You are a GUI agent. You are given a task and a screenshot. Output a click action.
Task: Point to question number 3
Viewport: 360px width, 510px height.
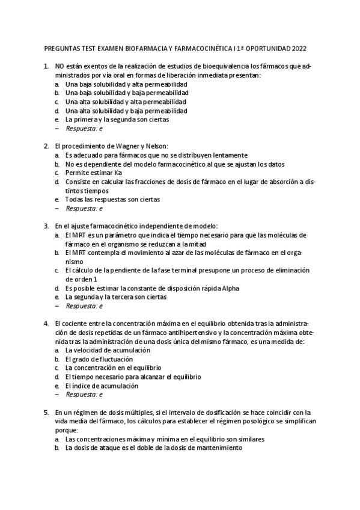[x=47, y=226]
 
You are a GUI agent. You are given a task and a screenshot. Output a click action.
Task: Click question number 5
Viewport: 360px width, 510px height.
[x=47, y=413]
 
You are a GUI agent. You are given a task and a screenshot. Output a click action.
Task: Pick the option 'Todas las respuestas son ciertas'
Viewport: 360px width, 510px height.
[x=112, y=199]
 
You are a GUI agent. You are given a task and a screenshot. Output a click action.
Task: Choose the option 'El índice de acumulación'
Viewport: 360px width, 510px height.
[x=102, y=386]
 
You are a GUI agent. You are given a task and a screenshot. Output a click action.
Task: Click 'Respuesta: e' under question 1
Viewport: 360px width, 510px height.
[x=84, y=128]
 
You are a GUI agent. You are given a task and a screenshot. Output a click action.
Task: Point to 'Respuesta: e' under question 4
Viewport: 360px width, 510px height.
[x=84, y=395]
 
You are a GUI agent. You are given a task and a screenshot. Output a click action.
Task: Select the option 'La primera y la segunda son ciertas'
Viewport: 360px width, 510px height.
[x=117, y=119]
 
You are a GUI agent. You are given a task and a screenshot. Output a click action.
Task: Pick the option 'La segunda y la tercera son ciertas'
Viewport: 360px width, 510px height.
[x=116, y=296]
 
